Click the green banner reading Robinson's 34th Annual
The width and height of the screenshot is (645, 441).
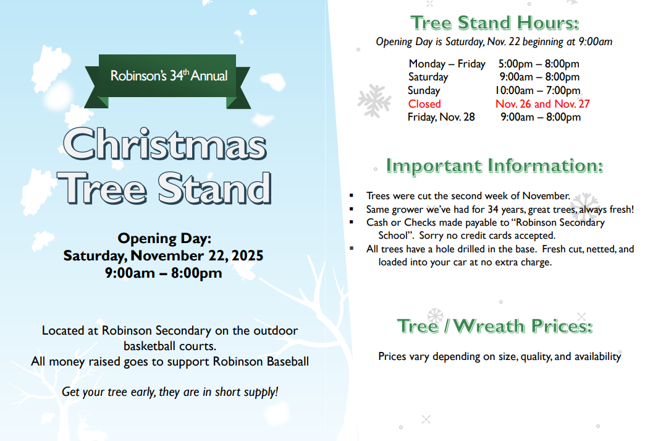pos(169,76)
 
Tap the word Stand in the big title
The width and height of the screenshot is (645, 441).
pos(214,187)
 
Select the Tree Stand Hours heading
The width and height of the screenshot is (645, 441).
pos(495,23)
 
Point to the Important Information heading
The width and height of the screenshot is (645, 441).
pos(494,166)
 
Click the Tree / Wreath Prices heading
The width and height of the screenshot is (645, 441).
pos(494,325)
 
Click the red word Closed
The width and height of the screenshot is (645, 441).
pos(424,104)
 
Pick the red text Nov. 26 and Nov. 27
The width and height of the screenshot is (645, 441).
pos(542,104)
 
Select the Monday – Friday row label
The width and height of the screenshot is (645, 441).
pos(447,64)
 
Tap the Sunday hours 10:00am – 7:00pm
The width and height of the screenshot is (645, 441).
pos(538,90)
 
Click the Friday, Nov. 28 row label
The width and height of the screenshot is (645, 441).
pos(441,117)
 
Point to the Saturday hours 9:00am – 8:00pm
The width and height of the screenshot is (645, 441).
pos(539,77)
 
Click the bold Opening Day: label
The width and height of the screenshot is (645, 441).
pos(164,238)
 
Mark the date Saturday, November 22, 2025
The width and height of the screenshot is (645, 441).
pos(163,255)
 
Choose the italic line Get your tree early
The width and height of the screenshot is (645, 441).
pos(170,392)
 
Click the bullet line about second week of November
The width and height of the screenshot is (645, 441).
pos(468,196)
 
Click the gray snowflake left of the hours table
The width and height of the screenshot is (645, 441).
pos(374,101)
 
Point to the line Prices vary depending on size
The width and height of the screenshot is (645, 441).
pos(499,356)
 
